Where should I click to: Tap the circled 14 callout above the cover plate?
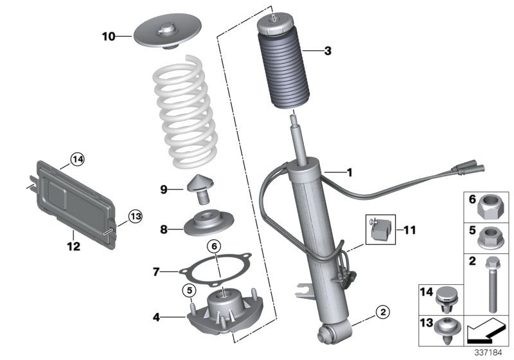[x=78, y=158]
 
